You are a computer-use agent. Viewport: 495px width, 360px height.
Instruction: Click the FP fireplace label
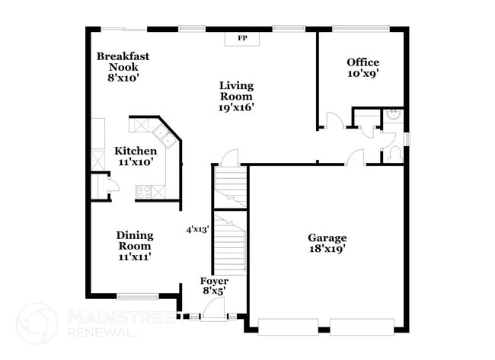[243, 37]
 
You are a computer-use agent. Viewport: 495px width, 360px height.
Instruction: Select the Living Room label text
[236, 96]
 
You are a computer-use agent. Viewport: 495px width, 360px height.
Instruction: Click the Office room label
[362, 68]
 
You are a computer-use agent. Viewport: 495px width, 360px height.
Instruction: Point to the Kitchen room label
[136, 156]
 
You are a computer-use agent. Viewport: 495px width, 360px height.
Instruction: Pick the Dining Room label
[134, 246]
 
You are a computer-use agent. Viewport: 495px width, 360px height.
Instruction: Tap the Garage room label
[327, 243]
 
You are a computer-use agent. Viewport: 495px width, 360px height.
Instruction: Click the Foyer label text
[214, 286]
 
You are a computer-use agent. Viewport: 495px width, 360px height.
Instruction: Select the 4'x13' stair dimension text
[197, 228]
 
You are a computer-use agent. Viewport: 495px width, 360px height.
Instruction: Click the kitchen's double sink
[161, 136]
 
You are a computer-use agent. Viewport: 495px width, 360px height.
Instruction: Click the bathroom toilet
[394, 153]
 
